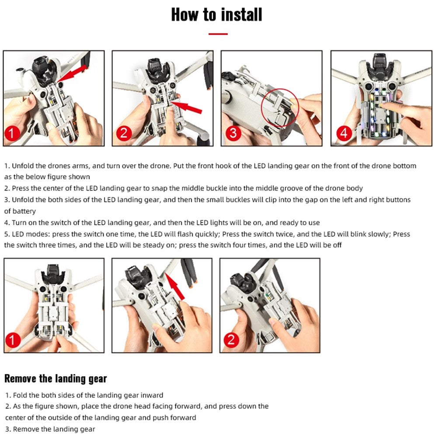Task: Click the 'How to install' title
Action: point(217,15)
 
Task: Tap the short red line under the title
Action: point(218,34)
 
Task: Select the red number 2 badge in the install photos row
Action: point(124,133)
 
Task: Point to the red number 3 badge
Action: point(233,133)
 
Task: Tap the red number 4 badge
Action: point(344,133)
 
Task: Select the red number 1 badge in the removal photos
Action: point(13,340)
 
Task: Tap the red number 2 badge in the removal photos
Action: point(231,340)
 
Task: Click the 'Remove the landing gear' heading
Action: point(56,378)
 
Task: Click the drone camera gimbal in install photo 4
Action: point(380,67)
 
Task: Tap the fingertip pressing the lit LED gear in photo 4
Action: point(383,105)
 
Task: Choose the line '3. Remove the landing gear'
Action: point(50,429)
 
